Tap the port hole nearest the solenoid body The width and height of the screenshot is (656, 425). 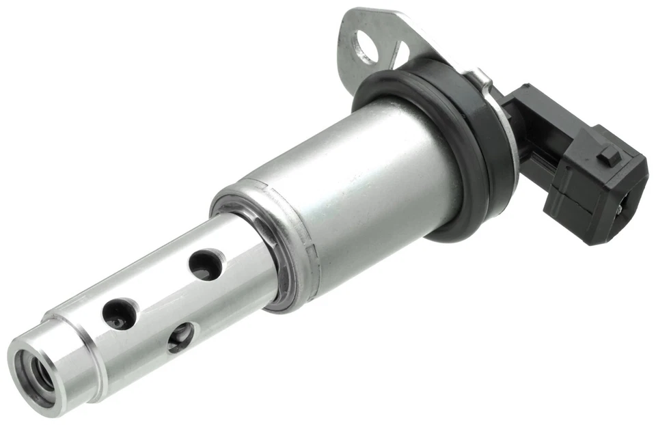(205, 264)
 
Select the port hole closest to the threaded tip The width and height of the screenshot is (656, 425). (120, 313)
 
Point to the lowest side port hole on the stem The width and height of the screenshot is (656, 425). (180, 337)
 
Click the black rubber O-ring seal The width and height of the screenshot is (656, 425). (437, 89)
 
